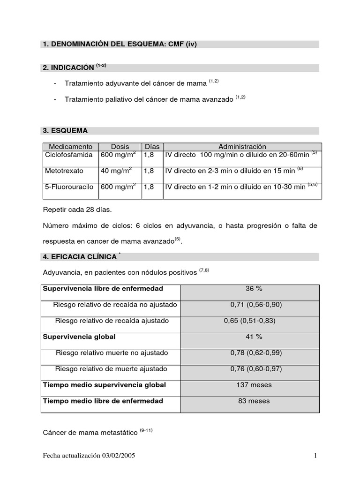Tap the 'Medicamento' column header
pos(70,147)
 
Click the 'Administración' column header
pos(242,147)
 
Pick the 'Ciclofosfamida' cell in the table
pos(68,154)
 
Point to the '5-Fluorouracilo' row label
pos(69,187)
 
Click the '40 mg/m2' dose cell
pos(115,171)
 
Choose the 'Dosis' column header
pos(120,147)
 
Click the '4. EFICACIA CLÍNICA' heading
pos(80,257)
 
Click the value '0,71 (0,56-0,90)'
pos(256,305)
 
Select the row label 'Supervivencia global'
pos(79,337)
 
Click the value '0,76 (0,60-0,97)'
pos(256,369)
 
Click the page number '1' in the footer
pos(316,456)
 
